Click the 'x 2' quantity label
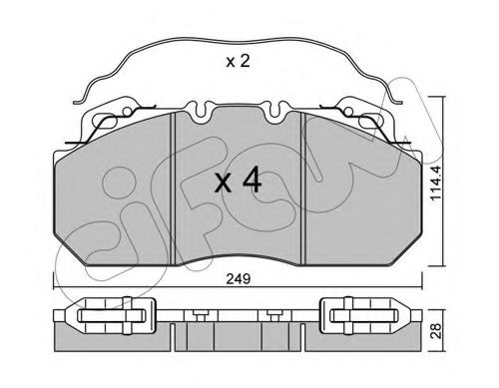click(x=238, y=62)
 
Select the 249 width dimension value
click(x=238, y=279)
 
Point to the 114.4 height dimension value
click(x=436, y=183)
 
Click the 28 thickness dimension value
click(x=436, y=330)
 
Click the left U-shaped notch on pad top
click(x=200, y=111)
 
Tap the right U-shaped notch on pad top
click(x=274, y=111)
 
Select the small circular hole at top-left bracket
click(x=127, y=111)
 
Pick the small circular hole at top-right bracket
click(x=348, y=111)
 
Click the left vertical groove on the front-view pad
click(x=173, y=189)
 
